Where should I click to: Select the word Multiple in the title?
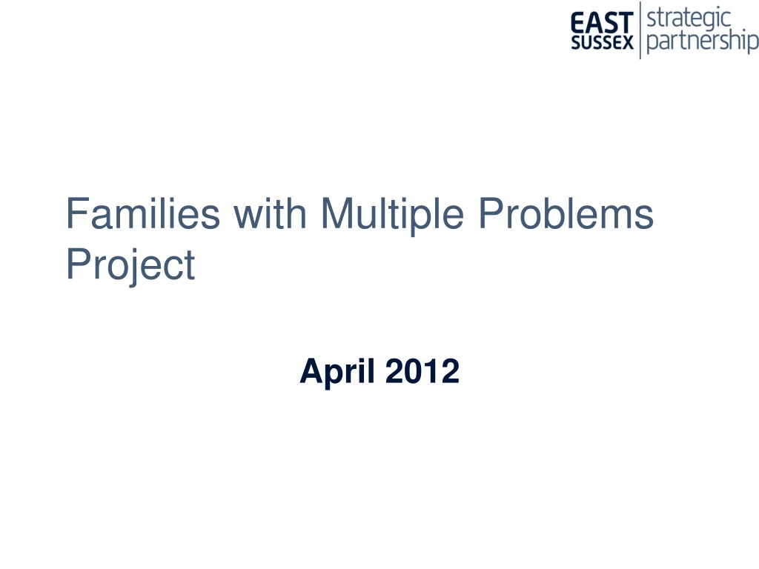pos(392,216)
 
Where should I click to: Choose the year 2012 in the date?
pos(422,371)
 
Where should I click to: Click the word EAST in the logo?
pos(602,23)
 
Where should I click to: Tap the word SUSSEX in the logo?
pos(602,42)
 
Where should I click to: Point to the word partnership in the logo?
pos(703,41)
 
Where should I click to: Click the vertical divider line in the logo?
pos(640,30)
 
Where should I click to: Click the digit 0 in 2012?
pos(413,371)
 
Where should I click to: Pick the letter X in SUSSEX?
pos(627,42)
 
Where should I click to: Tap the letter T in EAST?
pos(626,23)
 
